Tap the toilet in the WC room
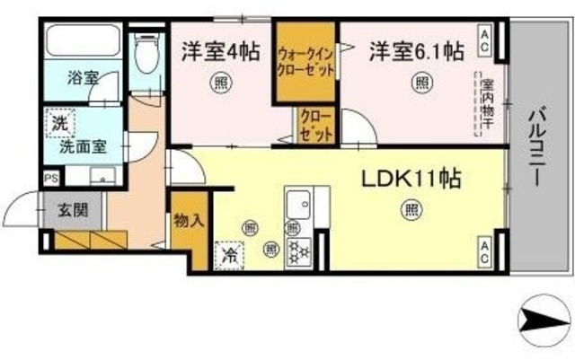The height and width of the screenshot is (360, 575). [144, 54]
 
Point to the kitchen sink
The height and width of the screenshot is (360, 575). [297, 203]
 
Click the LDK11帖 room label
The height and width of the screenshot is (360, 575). [411, 179]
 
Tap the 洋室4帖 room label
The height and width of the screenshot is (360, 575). [220, 50]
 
